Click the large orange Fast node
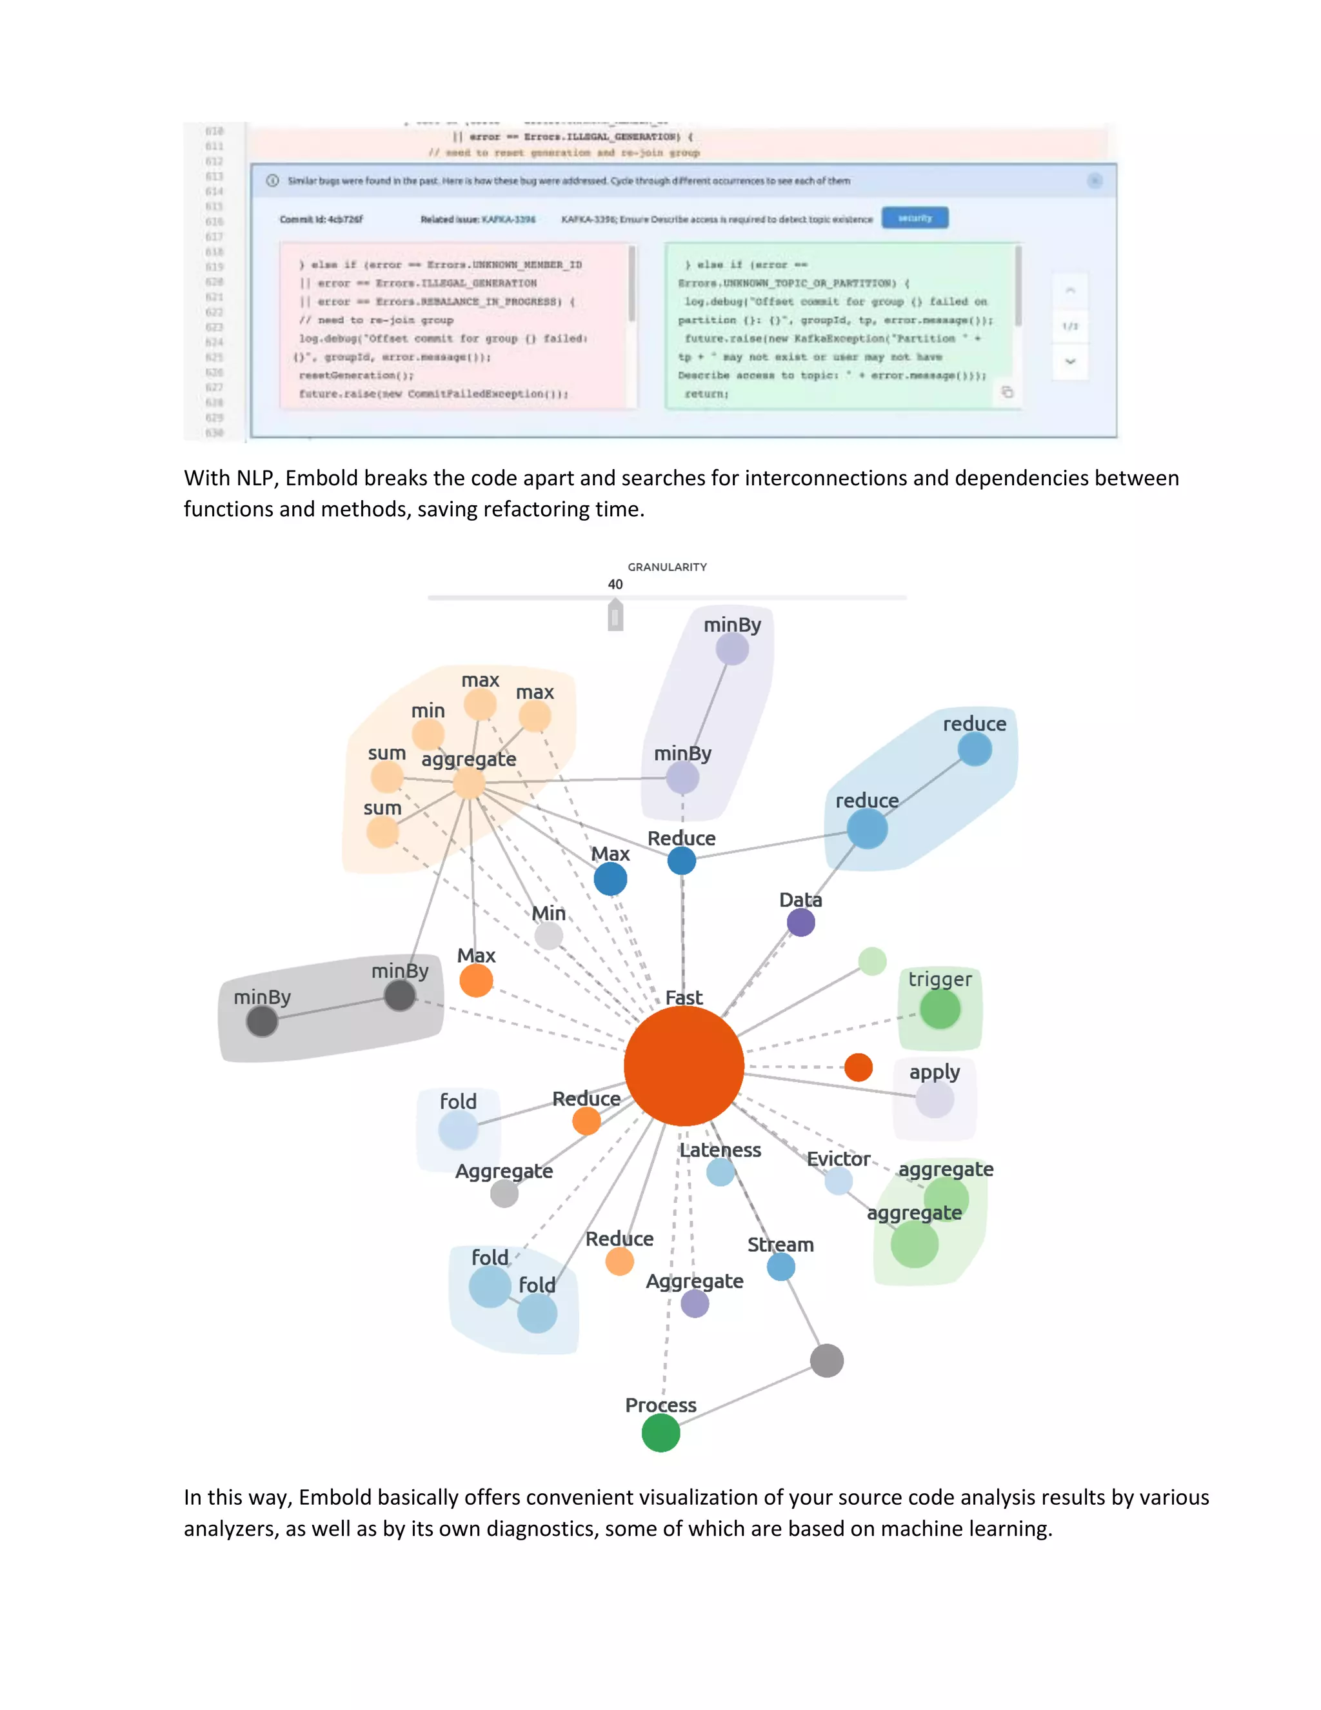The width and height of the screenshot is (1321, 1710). (683, 1065)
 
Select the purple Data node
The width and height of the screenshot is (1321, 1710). (800, 922)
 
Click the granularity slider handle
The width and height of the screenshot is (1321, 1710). (615, 616)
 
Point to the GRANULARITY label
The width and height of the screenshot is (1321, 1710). (667, 567)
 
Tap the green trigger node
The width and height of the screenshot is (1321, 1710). (939, 1009)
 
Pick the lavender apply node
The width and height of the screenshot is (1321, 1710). (935, 1100)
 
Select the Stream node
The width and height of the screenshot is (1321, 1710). (780, 1266)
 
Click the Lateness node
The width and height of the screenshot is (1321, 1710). (720, 1171)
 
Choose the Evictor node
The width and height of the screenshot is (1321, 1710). (838, 1181)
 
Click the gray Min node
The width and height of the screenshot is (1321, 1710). (549, 935)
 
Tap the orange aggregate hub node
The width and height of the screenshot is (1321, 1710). (469, 783)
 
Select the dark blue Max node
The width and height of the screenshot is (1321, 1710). (610, 878)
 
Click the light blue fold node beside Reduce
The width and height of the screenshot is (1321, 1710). (458, 1130)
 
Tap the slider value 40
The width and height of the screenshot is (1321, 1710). (615, 584)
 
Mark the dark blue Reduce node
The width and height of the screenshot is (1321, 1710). (682, 860)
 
